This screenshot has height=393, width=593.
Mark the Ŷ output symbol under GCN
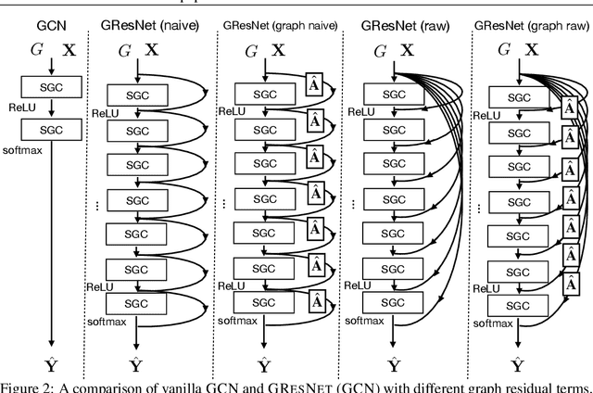pos(51,363)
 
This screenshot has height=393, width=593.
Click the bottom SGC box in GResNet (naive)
pos(137,303)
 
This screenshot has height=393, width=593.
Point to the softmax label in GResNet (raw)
pos(366,323)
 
